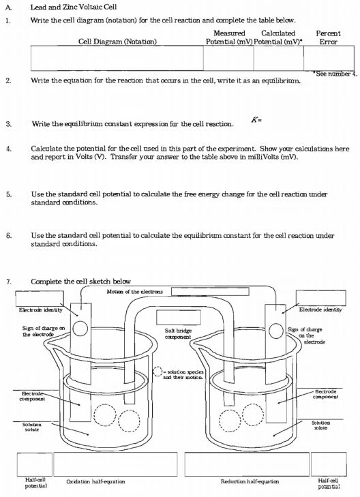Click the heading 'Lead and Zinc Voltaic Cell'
(72, 6)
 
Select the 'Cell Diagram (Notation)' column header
(117, 42)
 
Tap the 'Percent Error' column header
(329, 37)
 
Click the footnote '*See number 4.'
(334, 74)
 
